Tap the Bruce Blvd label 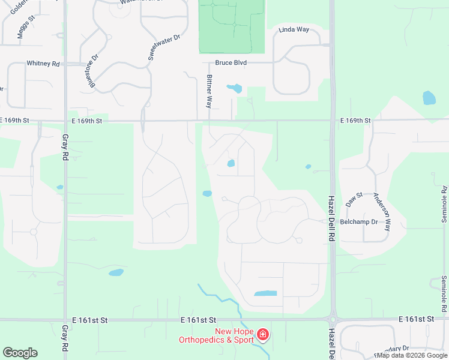click(x=231, y=62)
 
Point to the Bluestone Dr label click(x=94, y=72)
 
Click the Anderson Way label click(x=382, y=212)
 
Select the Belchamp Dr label click(x=358, y=221)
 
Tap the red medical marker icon click(x=262, y=334)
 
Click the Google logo click(x=20, y=353)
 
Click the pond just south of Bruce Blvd click(x=234, y=89)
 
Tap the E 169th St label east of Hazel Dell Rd click(x=356, y=121)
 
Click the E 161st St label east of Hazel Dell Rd click(x=416, y=319)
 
